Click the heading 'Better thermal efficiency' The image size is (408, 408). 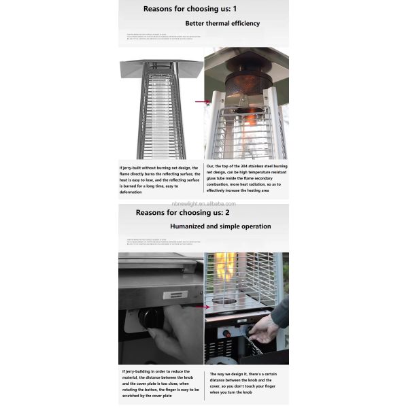coord(222,23)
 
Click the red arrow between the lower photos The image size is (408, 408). coord(199,307)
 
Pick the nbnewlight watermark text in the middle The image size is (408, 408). coord(203,202)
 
